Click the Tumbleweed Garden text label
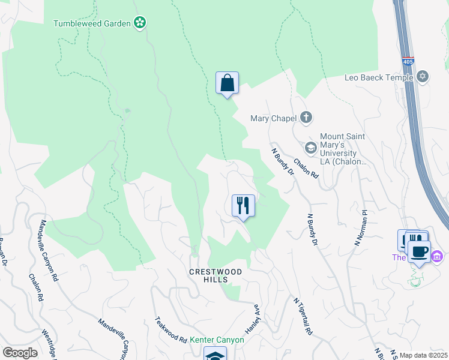pos(92,23)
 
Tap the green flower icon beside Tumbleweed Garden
pos(140,23)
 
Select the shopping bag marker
pos(228,83)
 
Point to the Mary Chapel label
pos(273,118)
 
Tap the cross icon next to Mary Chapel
pos(306,117)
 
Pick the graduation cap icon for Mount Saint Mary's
pos(311,147)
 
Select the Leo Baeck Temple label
pos(379,77)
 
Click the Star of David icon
pos(423,77)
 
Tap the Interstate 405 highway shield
pos(408,62)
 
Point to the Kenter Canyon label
pos(217,340)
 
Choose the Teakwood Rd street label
pos(171,330)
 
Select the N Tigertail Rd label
pos(302,316)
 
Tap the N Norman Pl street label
pos(360,228)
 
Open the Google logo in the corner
pos(20,353)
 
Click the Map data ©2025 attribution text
pos(423,355)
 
